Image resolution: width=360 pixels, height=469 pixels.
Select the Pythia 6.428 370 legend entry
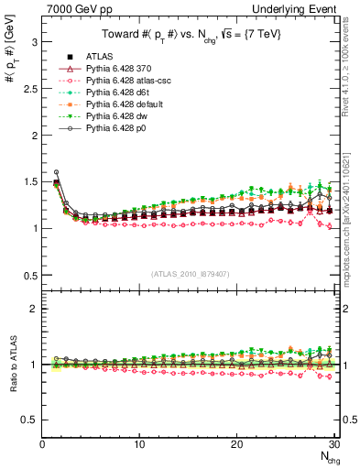coord(120,69)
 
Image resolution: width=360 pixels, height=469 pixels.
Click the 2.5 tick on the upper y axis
coord(29,88)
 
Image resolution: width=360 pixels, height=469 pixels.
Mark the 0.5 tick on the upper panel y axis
coord(29,275)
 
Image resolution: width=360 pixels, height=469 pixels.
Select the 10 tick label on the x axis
coord(139,444)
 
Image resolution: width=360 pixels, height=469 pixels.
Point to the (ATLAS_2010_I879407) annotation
coord(190,273)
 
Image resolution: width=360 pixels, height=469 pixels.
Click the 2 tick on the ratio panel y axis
coord(33,309)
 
